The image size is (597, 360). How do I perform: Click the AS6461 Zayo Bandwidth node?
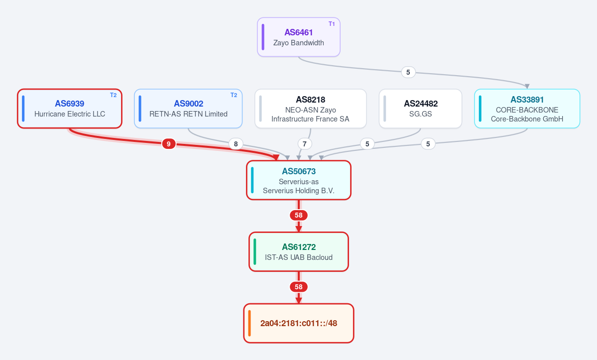click(299, 37)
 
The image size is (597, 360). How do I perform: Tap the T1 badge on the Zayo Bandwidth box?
click(332, 23)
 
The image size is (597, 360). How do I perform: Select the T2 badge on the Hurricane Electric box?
click(114, 95)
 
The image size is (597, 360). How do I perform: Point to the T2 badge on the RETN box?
click(234, 95)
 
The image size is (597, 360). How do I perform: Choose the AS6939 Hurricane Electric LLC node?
click(70, 109)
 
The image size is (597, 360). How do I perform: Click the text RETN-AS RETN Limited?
click(189, 114)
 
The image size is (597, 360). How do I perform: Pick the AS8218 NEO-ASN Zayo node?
click(310, 109)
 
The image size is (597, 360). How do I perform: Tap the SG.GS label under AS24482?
click(420, 114)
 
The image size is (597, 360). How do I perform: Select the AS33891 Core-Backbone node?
click(527, 109)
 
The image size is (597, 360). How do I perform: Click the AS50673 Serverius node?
click(299, 180)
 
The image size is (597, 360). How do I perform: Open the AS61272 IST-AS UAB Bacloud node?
click(299, 252)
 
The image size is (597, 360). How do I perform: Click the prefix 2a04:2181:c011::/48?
click(299, 324)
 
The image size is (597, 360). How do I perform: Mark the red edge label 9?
click(169, 144)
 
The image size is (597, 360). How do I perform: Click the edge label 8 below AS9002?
click(236, 144)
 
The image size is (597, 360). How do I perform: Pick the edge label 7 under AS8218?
click(304, 144)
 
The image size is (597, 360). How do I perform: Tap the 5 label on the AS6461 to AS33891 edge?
click(408, 72)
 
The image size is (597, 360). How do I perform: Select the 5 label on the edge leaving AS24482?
click(367, 144)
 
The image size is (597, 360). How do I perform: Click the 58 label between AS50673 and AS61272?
click(299, 216)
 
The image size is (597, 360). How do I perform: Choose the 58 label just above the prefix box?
click(299, 287)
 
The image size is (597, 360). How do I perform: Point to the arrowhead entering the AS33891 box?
click(527, 86)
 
